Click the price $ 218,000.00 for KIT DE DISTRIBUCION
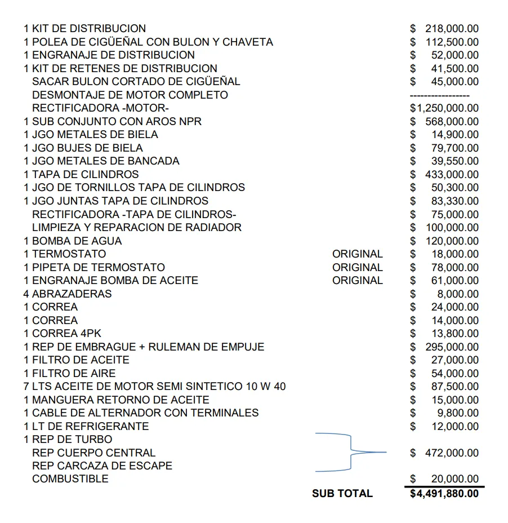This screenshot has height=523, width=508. (444, 28)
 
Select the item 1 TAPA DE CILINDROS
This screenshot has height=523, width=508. (81, 174)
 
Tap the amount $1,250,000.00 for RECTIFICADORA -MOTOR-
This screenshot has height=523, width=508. (444, 108)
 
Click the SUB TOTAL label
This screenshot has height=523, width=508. (342, 494)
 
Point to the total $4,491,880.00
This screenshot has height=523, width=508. (444, 494)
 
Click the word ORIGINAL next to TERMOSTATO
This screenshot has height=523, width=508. (357, 254)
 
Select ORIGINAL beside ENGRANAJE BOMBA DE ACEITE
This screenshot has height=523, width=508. (357, 281)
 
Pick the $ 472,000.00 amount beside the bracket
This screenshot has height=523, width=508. (444, 453)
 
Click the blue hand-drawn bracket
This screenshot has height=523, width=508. (350, 452)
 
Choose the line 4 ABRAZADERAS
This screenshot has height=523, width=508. (68, 294)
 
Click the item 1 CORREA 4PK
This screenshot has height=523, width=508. (63, 334)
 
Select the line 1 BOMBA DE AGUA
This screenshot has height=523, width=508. (73, 241)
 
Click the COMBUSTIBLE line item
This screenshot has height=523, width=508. (70, 479)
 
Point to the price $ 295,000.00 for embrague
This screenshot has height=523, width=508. (444, 347)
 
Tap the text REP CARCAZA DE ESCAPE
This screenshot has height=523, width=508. (102, 466)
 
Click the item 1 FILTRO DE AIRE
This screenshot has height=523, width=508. (70, 373)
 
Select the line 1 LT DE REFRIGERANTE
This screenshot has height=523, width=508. (86, 426)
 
